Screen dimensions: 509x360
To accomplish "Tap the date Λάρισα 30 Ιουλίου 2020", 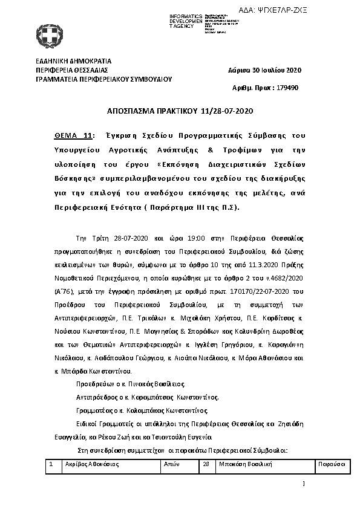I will point(264,70).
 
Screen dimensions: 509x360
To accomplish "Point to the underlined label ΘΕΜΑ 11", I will point(70,135).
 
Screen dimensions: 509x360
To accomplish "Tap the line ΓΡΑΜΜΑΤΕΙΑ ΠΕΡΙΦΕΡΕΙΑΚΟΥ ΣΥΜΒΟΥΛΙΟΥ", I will point(103,79).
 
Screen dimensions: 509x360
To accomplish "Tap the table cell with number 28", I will point(206,464).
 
